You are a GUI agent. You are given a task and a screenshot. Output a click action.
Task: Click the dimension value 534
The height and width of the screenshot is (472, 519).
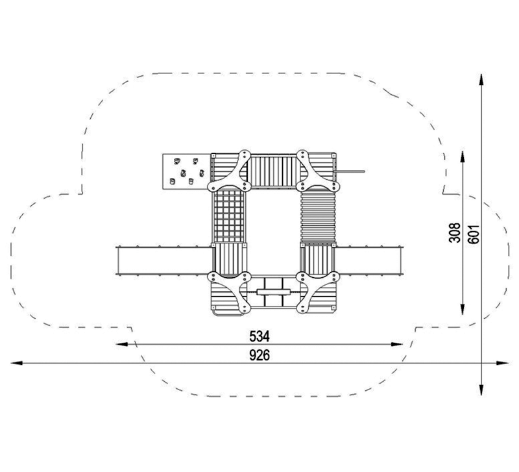click(259, 336)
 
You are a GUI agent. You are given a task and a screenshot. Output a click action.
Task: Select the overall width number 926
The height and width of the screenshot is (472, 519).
click(259, 355)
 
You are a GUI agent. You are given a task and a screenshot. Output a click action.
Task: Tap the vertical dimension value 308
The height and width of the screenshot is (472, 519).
click(455, 233)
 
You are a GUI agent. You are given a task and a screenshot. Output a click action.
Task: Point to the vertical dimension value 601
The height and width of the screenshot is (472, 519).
click(474, 234)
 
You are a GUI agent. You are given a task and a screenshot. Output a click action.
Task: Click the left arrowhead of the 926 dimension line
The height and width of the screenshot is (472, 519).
click(17, 363)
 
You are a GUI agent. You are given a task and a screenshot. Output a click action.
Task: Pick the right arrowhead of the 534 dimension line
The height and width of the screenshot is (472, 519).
click(397, 344)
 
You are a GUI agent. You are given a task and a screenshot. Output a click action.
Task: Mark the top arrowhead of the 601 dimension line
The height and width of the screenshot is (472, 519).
click(481, 79)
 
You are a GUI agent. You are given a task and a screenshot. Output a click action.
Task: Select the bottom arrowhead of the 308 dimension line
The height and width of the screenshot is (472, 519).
click(463, 308)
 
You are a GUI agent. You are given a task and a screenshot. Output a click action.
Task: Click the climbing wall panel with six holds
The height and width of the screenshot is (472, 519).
click(186, 171)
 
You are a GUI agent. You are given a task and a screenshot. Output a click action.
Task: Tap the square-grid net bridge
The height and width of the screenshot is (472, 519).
click(229, 217)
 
